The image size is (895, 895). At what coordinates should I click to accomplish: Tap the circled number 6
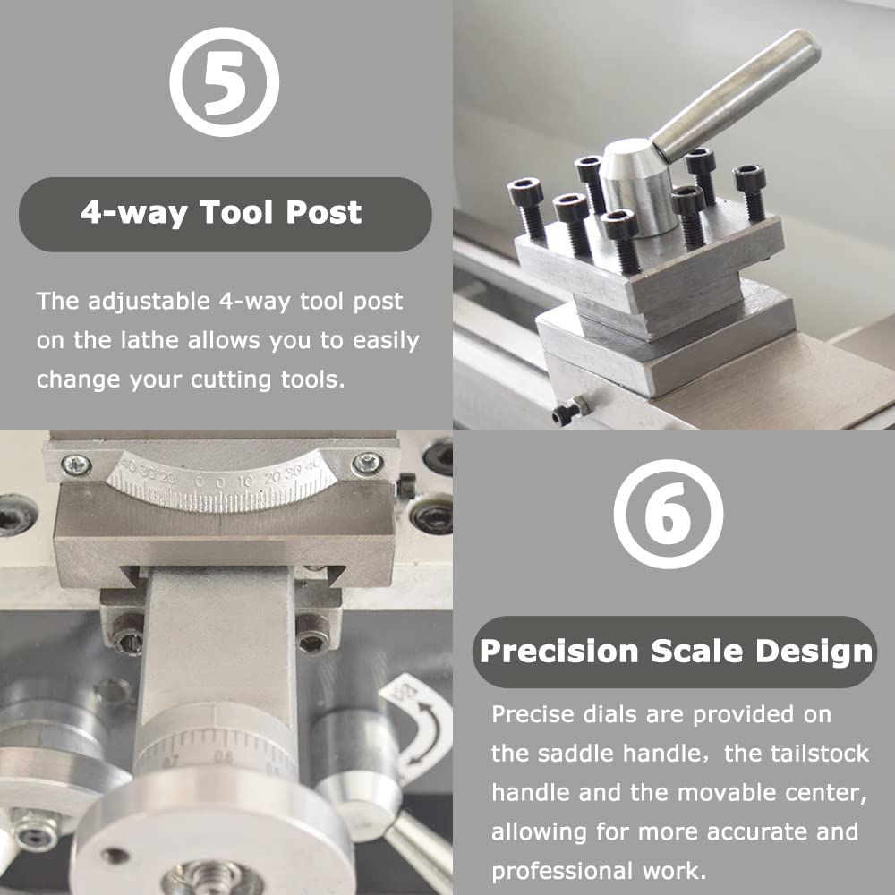(x=669, y=514)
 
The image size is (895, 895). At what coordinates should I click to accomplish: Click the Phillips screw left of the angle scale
(x=77, y=465)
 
